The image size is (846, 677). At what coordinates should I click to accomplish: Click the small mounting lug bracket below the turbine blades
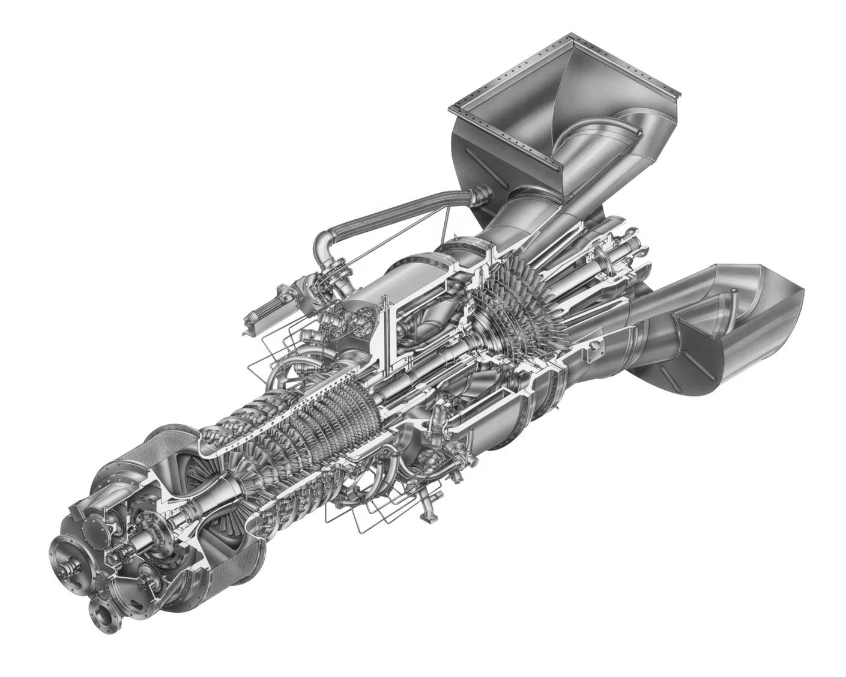pos(596,351)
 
